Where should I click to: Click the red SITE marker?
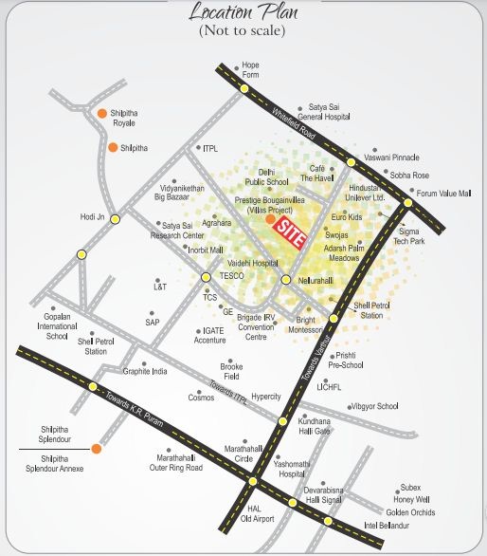pos(293,232)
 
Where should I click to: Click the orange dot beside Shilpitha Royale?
pos(101,114)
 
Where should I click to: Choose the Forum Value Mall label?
pos(444,193)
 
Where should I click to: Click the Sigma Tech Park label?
pos(410,235)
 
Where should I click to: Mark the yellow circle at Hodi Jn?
pos(116,219)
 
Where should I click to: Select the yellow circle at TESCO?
pos(206,277)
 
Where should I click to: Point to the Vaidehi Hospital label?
pos(251,263)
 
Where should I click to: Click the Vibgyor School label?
pos(374,406)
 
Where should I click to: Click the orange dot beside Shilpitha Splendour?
pos(97,447)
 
